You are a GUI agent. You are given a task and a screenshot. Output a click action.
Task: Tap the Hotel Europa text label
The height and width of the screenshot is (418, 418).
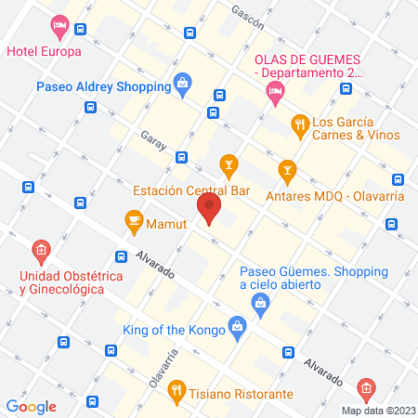(x=44, y=50)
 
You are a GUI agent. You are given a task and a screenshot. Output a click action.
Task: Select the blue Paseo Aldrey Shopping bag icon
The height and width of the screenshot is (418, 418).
(x=182, y=86)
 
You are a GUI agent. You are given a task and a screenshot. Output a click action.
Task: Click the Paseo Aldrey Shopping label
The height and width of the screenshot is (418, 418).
(x=102, y=86)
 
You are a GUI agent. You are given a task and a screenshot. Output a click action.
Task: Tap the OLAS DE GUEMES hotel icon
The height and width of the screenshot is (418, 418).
(x=273, y=90)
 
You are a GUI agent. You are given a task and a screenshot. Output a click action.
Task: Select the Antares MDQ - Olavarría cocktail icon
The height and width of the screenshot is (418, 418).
(x=287, y=170)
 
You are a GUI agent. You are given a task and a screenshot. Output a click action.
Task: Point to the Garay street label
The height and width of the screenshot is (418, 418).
(x=152, y=137)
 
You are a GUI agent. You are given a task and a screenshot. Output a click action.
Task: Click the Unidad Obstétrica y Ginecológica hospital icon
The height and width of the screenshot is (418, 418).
(x=40, y=250)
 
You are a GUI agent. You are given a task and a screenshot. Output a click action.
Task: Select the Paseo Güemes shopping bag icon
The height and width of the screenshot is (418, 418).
(x=262, y=301)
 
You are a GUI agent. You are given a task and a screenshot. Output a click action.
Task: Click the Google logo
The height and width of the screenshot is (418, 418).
(x=31, y=406)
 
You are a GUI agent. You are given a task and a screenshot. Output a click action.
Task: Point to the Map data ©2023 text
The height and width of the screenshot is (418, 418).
(x=377, y=410)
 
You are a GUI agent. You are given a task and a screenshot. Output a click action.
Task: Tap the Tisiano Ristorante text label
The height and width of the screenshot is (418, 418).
(x=242, y=393)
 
